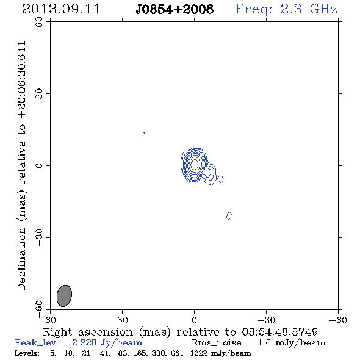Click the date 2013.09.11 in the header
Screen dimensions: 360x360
pyautogui.click(x=61, y=9)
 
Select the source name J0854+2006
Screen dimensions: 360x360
pyautogui.click(x=175, y=9)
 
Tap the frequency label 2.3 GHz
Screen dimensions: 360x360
pyautogui.click(x=309, y=9)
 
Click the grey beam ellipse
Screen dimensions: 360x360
pyautogui.click(x=64, y=296)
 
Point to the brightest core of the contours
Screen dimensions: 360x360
pyautogui.click(x=194, y=164)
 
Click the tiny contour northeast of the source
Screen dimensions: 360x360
pyautogui.click(x=144, y=134)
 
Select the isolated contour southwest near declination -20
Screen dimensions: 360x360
pyautogui.click(x=229, y=215)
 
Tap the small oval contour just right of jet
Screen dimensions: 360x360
pyautogui.click(x=220, y=179)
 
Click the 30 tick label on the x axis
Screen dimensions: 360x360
pyautogui.click(x=123, y=320)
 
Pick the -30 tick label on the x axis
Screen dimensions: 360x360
pyautogui.click(x=266, y=320)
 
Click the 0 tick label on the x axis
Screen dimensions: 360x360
pyautogui.click(x=194, y=320)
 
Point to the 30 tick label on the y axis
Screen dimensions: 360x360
pyautogui.click(x=39, y=94)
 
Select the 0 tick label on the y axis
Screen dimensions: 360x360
pyautogui.click(x=39, y=165)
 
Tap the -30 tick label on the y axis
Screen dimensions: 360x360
pyautogui.click(x=39, y=237)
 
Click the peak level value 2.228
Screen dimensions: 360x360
pyautogui.click(x=84, y=342)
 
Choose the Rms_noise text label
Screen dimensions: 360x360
pyautogui.click(x=220, y=343)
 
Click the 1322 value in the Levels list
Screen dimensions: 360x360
pyautogui.click(x=199, y=353)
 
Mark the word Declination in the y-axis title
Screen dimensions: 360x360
pyautogui.click(x=21, y=259)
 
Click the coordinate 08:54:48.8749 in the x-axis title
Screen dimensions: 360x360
pyautogui.click(x=280, y=332)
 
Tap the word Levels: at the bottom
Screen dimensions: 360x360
pyautogui.click(x=27, y=353)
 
